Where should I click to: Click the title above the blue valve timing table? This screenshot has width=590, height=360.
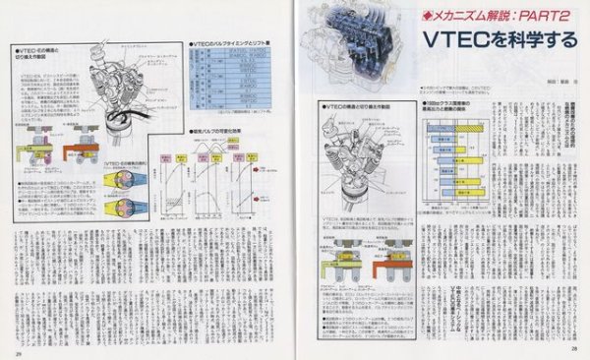click(x=228, y=44)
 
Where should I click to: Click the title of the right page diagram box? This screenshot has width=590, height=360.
click(x=363, y=106)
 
